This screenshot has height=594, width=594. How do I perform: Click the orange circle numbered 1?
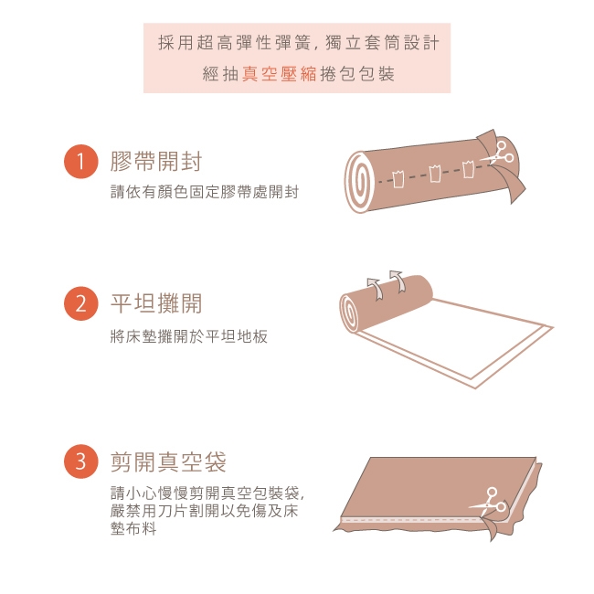81,162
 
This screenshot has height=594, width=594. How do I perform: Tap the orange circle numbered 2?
81,303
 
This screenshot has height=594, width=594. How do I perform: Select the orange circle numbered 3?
81,461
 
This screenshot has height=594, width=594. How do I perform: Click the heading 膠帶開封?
156,162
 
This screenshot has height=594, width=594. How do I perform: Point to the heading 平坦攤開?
156,303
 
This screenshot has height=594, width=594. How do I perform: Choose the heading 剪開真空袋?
168,461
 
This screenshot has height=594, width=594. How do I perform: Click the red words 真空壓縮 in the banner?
280,73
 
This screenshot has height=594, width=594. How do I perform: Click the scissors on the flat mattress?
488,502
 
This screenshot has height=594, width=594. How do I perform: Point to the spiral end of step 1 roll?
359,182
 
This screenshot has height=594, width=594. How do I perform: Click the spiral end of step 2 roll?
349,313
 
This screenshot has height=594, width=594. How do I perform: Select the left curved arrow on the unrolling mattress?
375,289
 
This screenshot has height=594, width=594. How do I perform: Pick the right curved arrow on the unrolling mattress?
398,281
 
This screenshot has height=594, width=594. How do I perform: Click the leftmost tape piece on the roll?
398,179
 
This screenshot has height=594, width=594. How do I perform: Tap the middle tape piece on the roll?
434,173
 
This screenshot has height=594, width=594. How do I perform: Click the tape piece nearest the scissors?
468,169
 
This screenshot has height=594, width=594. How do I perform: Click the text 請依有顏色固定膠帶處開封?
205,192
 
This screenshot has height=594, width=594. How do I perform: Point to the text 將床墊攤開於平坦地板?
188,336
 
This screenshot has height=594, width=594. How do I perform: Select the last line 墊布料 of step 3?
133,528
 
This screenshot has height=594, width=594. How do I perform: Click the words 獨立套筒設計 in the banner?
382,42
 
